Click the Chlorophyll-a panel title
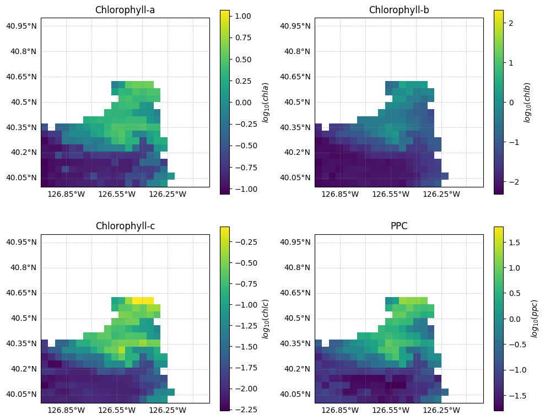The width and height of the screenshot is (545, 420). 125,10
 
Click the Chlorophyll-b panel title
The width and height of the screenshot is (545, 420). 399,10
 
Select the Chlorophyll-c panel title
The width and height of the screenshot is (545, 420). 125,227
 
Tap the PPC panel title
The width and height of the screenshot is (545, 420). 399,227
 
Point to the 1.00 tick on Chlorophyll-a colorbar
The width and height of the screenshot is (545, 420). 244,17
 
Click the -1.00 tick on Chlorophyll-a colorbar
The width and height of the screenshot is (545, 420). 242,189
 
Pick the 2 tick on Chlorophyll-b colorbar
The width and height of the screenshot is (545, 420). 510,23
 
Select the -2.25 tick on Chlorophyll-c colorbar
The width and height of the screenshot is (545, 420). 242,409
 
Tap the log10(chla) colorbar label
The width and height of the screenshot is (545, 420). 265,102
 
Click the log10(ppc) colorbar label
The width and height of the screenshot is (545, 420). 534,319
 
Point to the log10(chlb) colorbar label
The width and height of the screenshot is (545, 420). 527,102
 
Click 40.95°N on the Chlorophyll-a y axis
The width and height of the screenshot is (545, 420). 21,26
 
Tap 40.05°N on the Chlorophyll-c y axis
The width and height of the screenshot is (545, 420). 21,394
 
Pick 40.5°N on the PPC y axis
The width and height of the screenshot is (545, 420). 297,319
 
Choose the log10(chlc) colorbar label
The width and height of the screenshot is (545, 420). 265,319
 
